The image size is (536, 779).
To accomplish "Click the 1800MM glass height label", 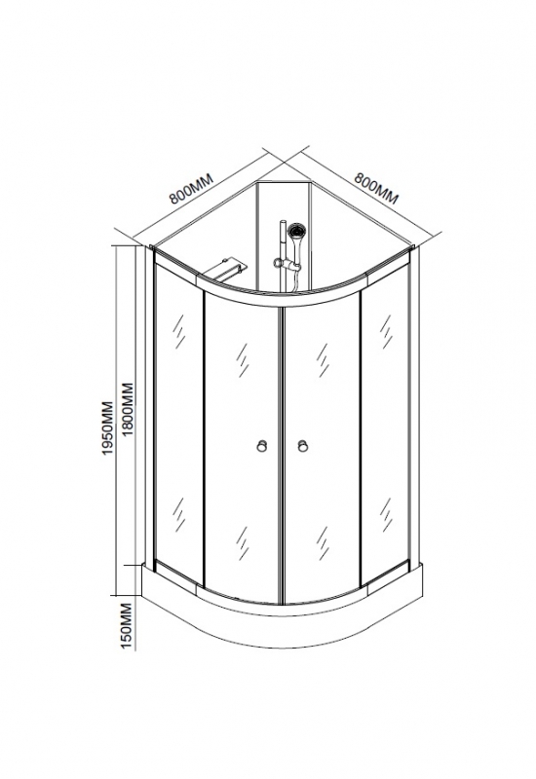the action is [x=129, y=409].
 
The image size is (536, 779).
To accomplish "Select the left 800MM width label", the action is [x=191, y=189].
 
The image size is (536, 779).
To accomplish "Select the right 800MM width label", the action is [x=376, y=188].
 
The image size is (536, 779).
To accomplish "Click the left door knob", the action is [x=262, y=446].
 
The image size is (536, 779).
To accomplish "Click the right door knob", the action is [x=302, y=446].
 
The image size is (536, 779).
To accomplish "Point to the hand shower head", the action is [x=297, y=232].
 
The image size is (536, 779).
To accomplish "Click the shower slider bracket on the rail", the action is [x=284, y=263].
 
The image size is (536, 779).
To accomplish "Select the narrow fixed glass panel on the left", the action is [x=179, y=423].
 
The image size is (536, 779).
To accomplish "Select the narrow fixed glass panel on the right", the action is [x=386, y=423].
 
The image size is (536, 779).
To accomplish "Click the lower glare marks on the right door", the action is [x=324, y=543].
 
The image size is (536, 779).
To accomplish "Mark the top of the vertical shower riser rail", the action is [x=282, y=220].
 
